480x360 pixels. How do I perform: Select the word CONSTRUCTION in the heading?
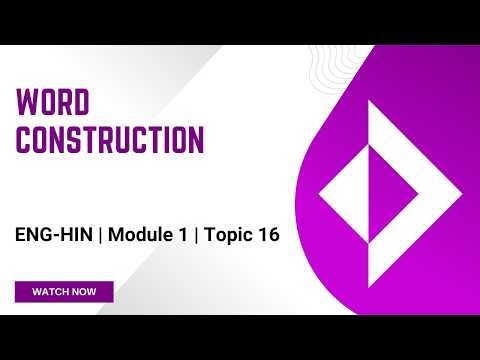click(110, 140)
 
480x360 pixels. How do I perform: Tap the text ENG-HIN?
click(52, 235)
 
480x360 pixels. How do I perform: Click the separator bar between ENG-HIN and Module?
click(99, 235)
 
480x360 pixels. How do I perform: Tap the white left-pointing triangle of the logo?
click(355, 188)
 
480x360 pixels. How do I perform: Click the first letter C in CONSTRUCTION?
click(23, 140)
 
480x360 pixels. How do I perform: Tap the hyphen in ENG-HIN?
click(55, 236)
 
